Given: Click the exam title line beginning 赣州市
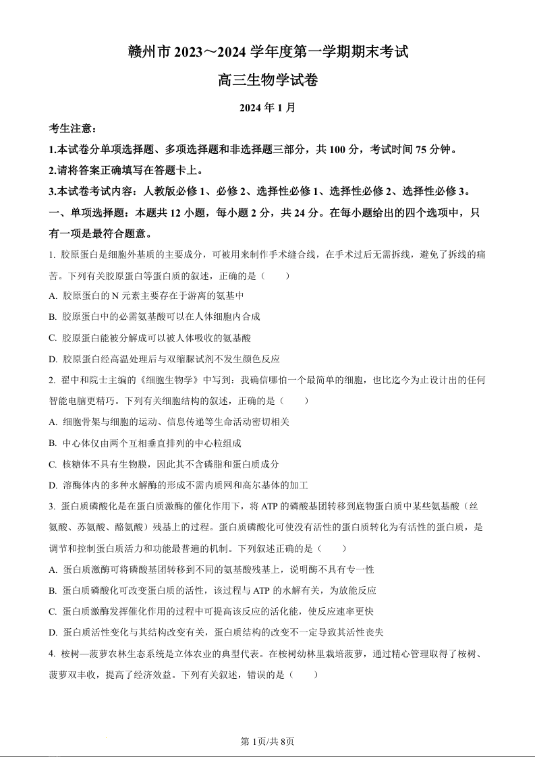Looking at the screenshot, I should pyautogui.click(x=268, y=51).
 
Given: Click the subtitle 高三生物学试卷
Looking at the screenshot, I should pyautogui.click(x=268, y=80).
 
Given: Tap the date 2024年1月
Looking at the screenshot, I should pyautogui.click(x=268, y=107).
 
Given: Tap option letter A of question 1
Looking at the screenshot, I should pyautogui.click(x=53, y=296).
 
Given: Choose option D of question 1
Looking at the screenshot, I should pyautogui.click(x=53, y=359).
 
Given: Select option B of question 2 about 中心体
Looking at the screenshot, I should pyautogui.click(x=53, y=443).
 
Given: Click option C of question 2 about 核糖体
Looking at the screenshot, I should pyautogui.click(x=53, y=464).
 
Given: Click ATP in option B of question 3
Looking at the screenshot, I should pyautogui.click(x=261, y=590).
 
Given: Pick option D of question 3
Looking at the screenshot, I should pyautogui.click(x=53, y=632).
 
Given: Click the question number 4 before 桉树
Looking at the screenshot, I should pyautogui.click(x=51, y=654).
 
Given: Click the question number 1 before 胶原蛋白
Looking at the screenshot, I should pyautogui.click(x=51, y=254).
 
